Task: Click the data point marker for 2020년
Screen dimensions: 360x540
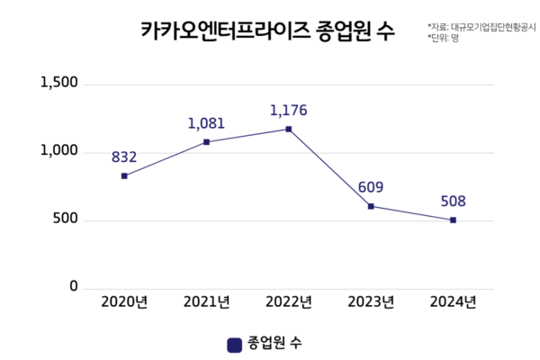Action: pos(124,175)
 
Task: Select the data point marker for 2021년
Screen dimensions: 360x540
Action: pos(206,142)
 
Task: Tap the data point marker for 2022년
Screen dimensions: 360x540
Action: pos(289,129)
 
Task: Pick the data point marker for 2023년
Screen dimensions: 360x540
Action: pos(371,206)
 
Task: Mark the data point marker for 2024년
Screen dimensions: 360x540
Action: pos(453,220)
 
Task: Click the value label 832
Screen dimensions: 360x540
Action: pos(124,157)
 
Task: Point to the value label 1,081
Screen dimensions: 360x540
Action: pos(206,124)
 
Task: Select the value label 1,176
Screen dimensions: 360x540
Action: pos(288,111)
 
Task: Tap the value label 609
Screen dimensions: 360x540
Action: pos(371,188)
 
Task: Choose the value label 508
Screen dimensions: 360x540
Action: pos(453,202)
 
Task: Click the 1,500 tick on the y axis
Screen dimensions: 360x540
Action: pos(60,83)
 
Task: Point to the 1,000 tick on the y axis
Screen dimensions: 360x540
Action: pos(60,151)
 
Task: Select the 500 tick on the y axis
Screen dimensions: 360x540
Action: pos(66,220)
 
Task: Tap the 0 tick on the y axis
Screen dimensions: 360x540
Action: pos(75,287)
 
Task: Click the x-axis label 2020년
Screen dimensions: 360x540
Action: pos(124,302)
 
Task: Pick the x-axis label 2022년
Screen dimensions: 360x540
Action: pos(288,302)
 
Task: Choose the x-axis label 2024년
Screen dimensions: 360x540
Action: pos(453,302)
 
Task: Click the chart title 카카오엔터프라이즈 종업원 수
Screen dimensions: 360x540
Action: pos(267,32)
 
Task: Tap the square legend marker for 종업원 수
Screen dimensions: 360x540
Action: pos(233,344)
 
